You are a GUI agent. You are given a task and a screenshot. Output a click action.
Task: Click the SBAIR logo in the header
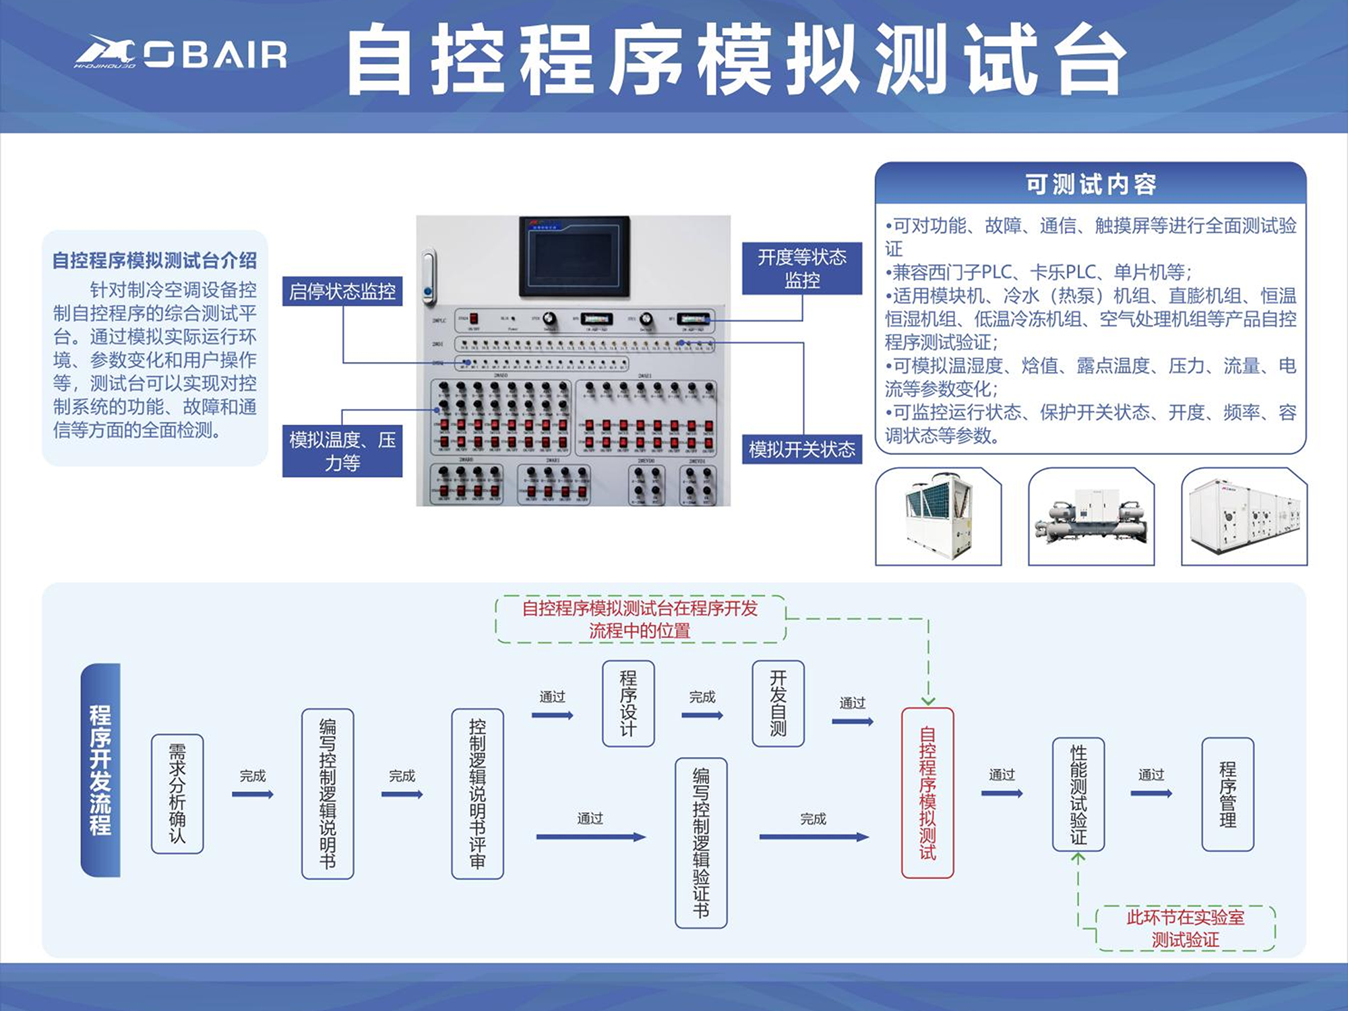pos(181,53)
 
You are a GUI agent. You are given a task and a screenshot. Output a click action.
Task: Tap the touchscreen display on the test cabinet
pos(574,257)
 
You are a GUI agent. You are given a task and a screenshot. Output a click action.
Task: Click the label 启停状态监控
pos(342,291)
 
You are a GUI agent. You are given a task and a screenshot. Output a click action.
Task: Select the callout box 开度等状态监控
pos(801,268)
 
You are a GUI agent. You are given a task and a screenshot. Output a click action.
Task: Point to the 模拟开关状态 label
pos(801,450)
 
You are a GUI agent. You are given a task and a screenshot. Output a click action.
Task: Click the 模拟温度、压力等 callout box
pos(342,451)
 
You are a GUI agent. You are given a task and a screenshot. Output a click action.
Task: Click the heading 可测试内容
pos(1090,184)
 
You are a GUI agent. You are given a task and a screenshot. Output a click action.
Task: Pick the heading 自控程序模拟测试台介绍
pos(154,260)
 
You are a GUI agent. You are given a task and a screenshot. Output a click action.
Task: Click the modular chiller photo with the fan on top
pos(938,516)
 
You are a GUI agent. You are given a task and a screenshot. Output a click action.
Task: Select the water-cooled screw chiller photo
pos(1091,516)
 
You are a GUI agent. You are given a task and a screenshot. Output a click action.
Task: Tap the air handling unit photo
pos(1244,516)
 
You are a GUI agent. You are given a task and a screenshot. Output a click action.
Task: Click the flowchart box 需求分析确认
pos(177,794)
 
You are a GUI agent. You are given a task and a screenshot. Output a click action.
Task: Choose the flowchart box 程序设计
pos(627,703)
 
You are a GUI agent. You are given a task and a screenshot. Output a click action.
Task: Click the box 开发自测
pos(778,703)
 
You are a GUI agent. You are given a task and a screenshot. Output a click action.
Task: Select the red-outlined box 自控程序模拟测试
pos(927,793)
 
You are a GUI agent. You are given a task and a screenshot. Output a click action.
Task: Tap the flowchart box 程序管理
pos(1227,794)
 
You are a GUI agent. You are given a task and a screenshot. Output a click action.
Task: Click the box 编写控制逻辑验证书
pos(701,842)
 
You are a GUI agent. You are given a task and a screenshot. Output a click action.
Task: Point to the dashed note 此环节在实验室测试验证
pos(1185,928)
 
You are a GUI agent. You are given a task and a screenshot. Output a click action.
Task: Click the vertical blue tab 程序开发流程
pos(100,770)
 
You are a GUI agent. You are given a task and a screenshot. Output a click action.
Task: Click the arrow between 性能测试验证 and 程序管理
pos(1151,793)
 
